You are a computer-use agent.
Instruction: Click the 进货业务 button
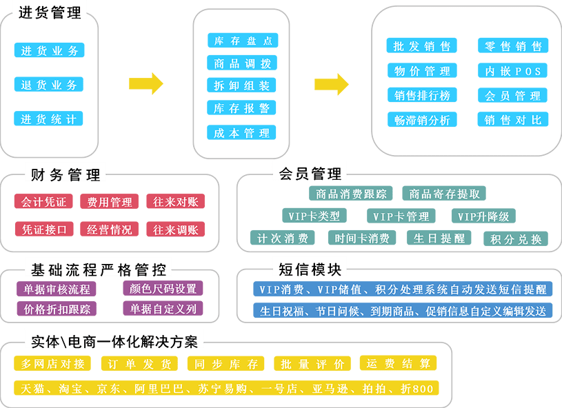49,50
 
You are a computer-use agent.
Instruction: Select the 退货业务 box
49,85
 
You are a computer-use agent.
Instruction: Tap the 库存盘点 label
242,41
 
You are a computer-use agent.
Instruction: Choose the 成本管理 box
242,133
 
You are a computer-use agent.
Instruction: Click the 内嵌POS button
513,71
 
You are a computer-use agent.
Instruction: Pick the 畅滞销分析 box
421,119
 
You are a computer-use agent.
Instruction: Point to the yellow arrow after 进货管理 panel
146,83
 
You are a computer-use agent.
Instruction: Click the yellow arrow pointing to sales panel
332,83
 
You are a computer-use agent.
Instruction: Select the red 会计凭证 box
43,202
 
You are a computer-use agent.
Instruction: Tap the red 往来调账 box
175,229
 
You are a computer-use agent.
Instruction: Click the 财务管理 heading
66,174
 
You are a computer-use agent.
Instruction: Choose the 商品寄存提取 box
445,194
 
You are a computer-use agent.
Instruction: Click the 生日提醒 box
439,238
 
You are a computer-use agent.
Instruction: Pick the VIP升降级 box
483,216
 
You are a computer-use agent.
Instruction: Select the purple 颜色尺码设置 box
163,288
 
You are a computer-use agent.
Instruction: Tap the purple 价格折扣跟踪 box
57,309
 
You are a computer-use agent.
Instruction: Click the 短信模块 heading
310,269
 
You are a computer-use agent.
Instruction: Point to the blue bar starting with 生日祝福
403,311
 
